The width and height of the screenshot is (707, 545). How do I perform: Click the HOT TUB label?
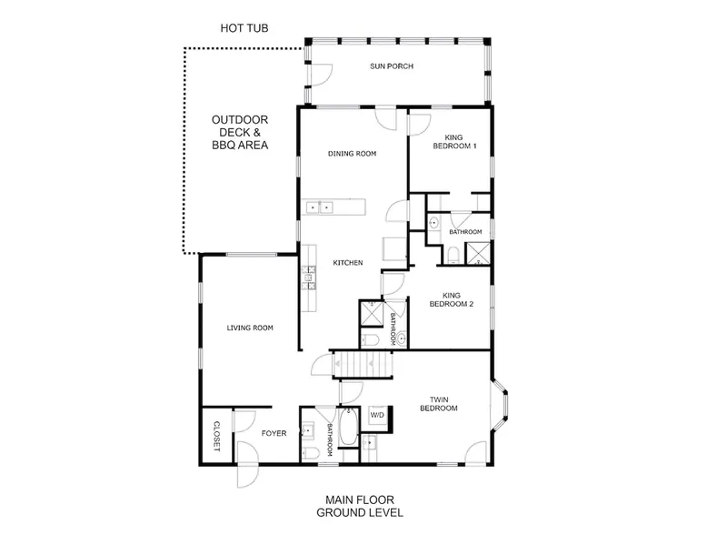coord(244,28)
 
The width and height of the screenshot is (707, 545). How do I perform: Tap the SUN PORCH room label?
coord(392,66)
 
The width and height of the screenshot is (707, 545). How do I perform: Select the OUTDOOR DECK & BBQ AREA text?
coord(240,132)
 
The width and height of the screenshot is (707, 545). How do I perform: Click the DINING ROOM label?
coord(352,154)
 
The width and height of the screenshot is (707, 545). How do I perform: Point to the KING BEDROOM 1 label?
coord(454,141)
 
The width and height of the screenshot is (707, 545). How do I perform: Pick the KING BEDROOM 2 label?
coord(452,299)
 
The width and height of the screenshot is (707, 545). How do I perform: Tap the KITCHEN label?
coord(348,263)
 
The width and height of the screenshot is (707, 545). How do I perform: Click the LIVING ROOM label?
coord(250,328)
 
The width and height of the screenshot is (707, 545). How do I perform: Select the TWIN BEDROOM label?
coord(439,404)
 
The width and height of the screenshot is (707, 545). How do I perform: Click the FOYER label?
coord(274,433)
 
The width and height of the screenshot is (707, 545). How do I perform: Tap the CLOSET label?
coord(216,437)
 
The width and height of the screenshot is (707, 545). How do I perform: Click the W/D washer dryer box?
coord(378,416)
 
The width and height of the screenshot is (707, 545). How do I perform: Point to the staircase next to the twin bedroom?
coord(362,364)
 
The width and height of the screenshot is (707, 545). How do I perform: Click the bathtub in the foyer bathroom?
coord(348,427)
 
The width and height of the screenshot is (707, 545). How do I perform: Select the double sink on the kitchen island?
coord(320,207)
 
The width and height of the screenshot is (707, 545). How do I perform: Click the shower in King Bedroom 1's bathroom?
coord(477,253)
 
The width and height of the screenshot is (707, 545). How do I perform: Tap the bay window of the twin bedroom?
coord(500,406)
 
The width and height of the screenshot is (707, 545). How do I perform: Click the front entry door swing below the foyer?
coord(247,465)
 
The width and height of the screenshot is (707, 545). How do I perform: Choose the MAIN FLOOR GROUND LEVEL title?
coord(359,506)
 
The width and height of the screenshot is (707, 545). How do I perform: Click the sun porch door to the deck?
coord(320,75)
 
